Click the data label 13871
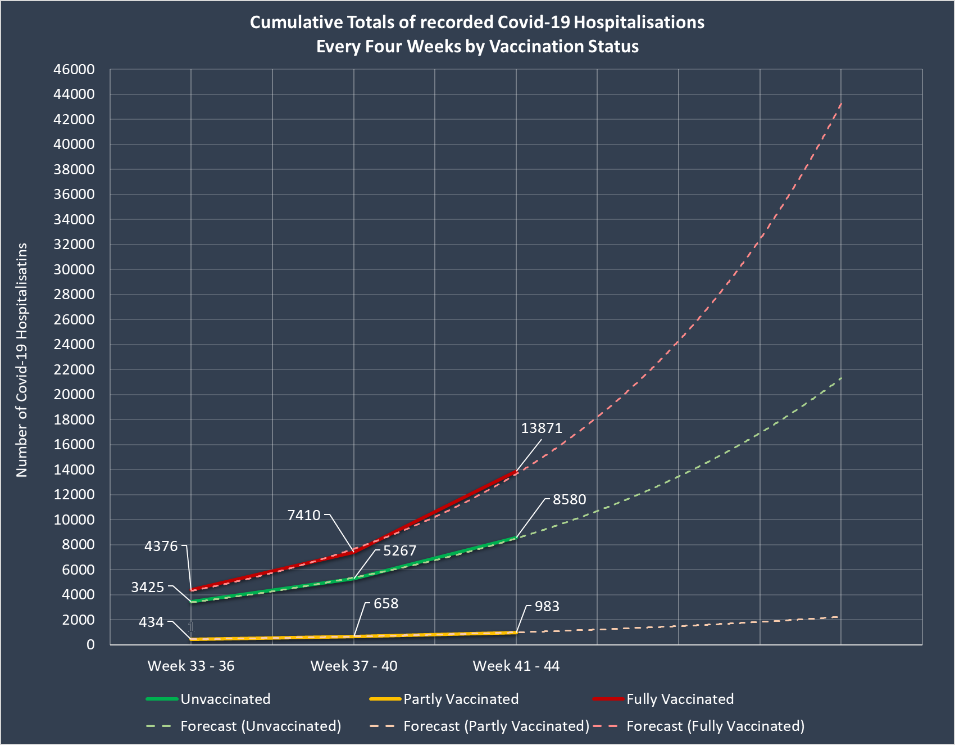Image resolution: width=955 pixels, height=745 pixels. (x=541, y=428)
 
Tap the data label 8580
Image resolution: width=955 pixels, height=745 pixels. (x=569, y=500)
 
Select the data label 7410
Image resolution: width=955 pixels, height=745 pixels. (x=304, y=515)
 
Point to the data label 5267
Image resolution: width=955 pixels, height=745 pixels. (x=399, y=550)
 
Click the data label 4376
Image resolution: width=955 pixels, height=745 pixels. (x=161, y=546)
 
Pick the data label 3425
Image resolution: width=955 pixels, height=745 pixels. (x=148, y=588)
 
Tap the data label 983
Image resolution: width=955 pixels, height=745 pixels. (x=547, y=607)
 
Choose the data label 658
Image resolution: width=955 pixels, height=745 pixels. (x=386, y=604)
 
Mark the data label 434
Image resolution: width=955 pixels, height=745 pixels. (x=151, y=622)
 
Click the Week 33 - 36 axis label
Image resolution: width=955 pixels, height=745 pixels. (x=191, y=666)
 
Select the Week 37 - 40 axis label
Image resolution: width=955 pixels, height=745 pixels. (x=354, y=666)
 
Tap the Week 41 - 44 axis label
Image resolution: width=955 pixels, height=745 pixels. (x=516, y=666)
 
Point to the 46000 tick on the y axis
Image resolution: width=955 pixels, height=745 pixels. (x=74, y=70)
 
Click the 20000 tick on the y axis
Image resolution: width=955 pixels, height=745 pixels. (x=74, y=394)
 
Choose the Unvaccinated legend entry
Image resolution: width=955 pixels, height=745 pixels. (x=225, y=699)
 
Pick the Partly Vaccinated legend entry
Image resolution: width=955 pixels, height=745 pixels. (x=461, y=699)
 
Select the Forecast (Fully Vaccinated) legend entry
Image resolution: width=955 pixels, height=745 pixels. (x=715, y=726)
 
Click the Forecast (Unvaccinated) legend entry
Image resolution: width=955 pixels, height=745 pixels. (x=261, y=726)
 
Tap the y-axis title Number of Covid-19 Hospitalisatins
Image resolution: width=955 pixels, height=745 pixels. (x=22, y=360)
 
